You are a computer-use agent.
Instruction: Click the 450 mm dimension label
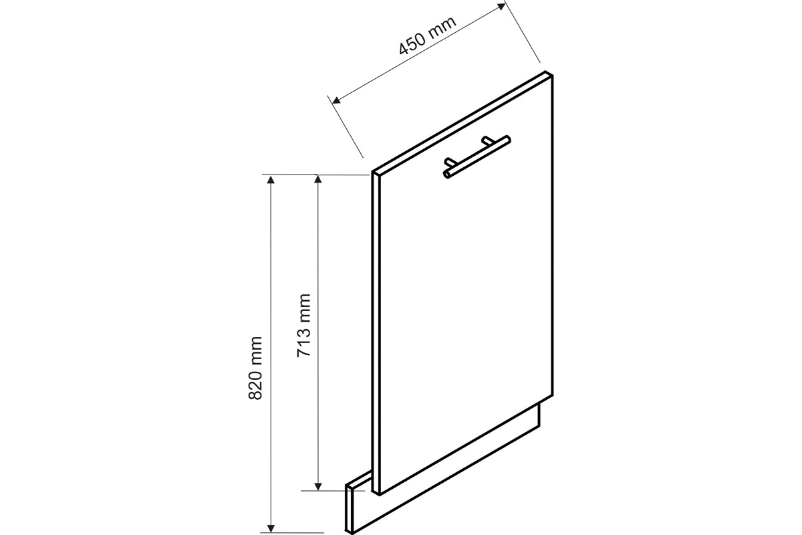[428, 35]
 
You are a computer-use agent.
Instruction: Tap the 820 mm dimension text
[255, 368]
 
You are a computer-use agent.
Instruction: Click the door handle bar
[477, 156]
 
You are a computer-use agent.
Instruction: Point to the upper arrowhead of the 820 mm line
[271, 179]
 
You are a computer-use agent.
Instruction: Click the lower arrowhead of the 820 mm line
[271, 528]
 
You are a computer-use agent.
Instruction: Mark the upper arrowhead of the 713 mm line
[317, 179]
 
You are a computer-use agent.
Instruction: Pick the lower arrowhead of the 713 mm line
[317, 486]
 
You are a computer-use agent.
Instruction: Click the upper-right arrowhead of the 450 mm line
[501, 7]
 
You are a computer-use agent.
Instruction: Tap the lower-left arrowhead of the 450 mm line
[336, 100]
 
